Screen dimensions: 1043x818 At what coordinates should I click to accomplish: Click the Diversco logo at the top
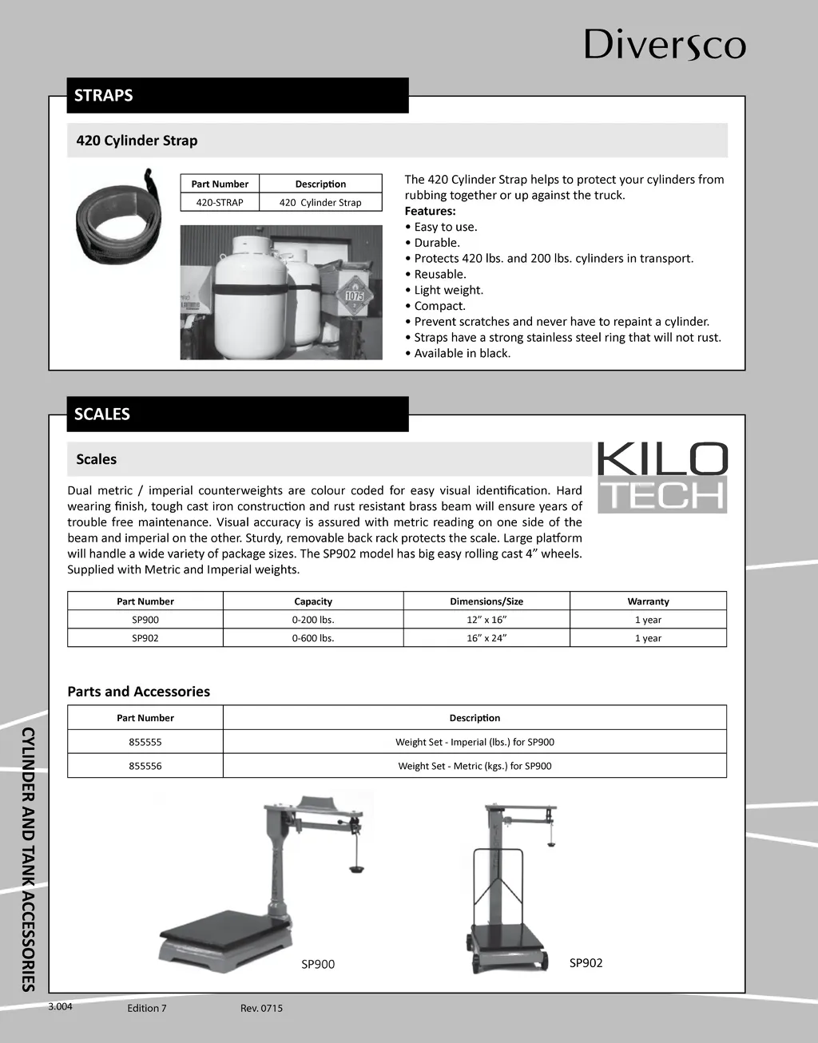(665, 44)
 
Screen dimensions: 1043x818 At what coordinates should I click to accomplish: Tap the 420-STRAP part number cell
(220, 203)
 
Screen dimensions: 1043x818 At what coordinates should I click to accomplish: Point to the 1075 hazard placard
(354, 295)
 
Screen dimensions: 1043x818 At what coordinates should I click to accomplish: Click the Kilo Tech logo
(662, 478)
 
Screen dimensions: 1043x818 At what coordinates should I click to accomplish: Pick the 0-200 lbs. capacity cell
(313, 620)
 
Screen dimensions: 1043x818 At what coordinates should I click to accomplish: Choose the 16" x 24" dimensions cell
(486, 638)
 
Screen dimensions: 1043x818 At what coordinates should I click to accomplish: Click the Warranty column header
(648, 601)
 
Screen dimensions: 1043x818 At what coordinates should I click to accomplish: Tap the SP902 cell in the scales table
(145, 638)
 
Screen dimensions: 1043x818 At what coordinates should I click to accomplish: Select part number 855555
(145, 742)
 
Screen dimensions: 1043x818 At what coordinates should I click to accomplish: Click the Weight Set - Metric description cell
(475, 766)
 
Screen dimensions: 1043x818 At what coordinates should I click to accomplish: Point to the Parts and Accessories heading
(138, 692)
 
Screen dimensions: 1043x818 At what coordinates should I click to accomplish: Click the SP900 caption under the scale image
(318, 964)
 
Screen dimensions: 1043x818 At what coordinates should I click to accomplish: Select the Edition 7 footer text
(147, 1008)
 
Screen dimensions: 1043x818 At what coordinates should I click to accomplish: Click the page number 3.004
(60, 1006)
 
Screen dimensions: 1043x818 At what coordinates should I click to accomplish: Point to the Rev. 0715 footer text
(261, 1008)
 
